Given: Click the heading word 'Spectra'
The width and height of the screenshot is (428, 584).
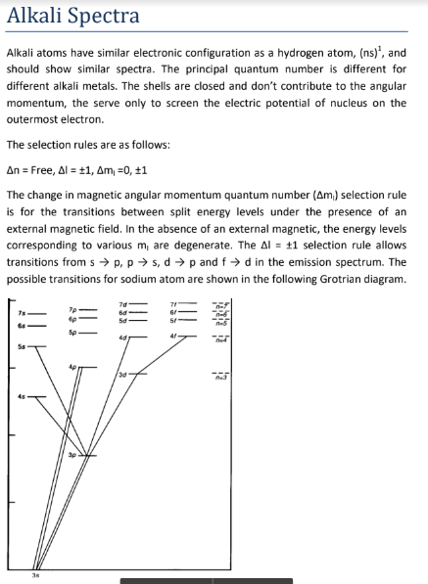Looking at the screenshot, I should click(106, 17).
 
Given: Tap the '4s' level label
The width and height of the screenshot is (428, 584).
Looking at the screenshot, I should click(17, 396).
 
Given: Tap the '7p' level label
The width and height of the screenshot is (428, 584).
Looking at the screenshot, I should click(71, 308).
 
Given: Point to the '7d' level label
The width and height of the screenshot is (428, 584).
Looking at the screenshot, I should click(123, 300).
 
